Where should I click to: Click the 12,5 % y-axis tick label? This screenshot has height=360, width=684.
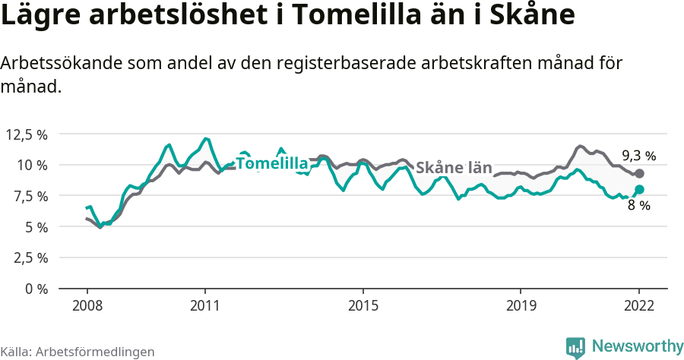tap(27, 134)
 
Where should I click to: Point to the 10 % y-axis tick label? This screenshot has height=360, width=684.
tap(32, 166)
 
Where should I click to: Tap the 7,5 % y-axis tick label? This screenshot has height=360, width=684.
tap(30, 196)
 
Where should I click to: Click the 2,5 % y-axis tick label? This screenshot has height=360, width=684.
tap(30, 257)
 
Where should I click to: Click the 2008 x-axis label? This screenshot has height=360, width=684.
tap(87, 305)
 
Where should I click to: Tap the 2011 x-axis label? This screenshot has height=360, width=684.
tap(204, 305)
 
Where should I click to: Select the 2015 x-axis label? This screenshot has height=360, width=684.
tap(363, 305)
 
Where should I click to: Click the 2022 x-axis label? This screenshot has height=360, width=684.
tap(639, 305)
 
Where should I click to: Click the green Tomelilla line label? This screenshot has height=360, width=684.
tap(271, 163)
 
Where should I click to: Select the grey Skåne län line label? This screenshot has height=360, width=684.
tap(454, 168)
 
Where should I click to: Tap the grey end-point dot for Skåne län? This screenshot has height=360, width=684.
tap(639, 174)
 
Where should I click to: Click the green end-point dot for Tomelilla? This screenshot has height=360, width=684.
tap(639, 190)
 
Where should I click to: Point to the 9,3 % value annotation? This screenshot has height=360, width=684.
tap(638, 156)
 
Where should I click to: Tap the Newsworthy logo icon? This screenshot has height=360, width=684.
tap(575, 347)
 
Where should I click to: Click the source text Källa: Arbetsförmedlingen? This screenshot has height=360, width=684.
tap(78, 352)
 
